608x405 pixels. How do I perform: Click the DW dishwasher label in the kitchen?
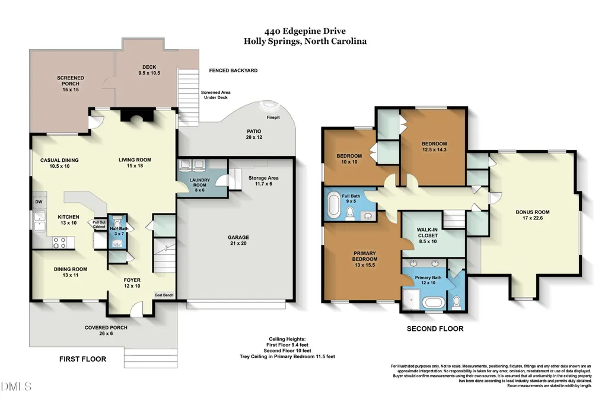[39, 202]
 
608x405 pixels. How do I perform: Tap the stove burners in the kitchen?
[59, 243]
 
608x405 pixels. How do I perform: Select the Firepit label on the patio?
[273, 117]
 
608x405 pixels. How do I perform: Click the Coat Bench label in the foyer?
[164, 295]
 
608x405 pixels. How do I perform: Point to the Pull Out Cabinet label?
[99, 224]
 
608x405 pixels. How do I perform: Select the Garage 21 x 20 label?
[238, 240]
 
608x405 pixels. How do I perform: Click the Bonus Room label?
[533, 215]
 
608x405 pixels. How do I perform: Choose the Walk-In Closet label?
[428, 235]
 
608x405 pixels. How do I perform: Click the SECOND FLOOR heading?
[435, 329]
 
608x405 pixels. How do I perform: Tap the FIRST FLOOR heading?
[82, 359]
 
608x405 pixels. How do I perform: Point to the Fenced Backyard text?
[234, 71]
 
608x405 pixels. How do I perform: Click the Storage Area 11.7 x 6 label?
[263, 181]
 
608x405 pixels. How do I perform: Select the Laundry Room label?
[200, 185]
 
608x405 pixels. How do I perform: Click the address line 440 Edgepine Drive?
[305, 31]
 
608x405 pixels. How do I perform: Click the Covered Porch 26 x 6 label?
[106, 330]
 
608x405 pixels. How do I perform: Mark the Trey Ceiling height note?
[287, 356]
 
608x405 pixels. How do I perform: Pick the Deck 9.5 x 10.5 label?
[149, 70]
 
